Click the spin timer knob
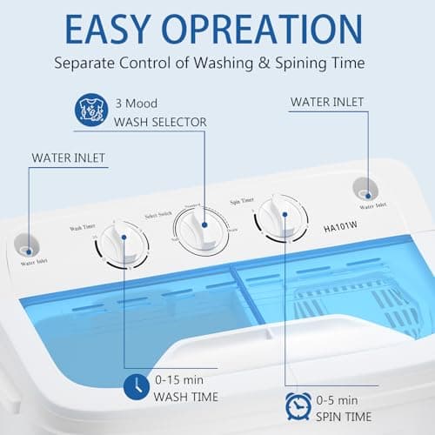point(278,219)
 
